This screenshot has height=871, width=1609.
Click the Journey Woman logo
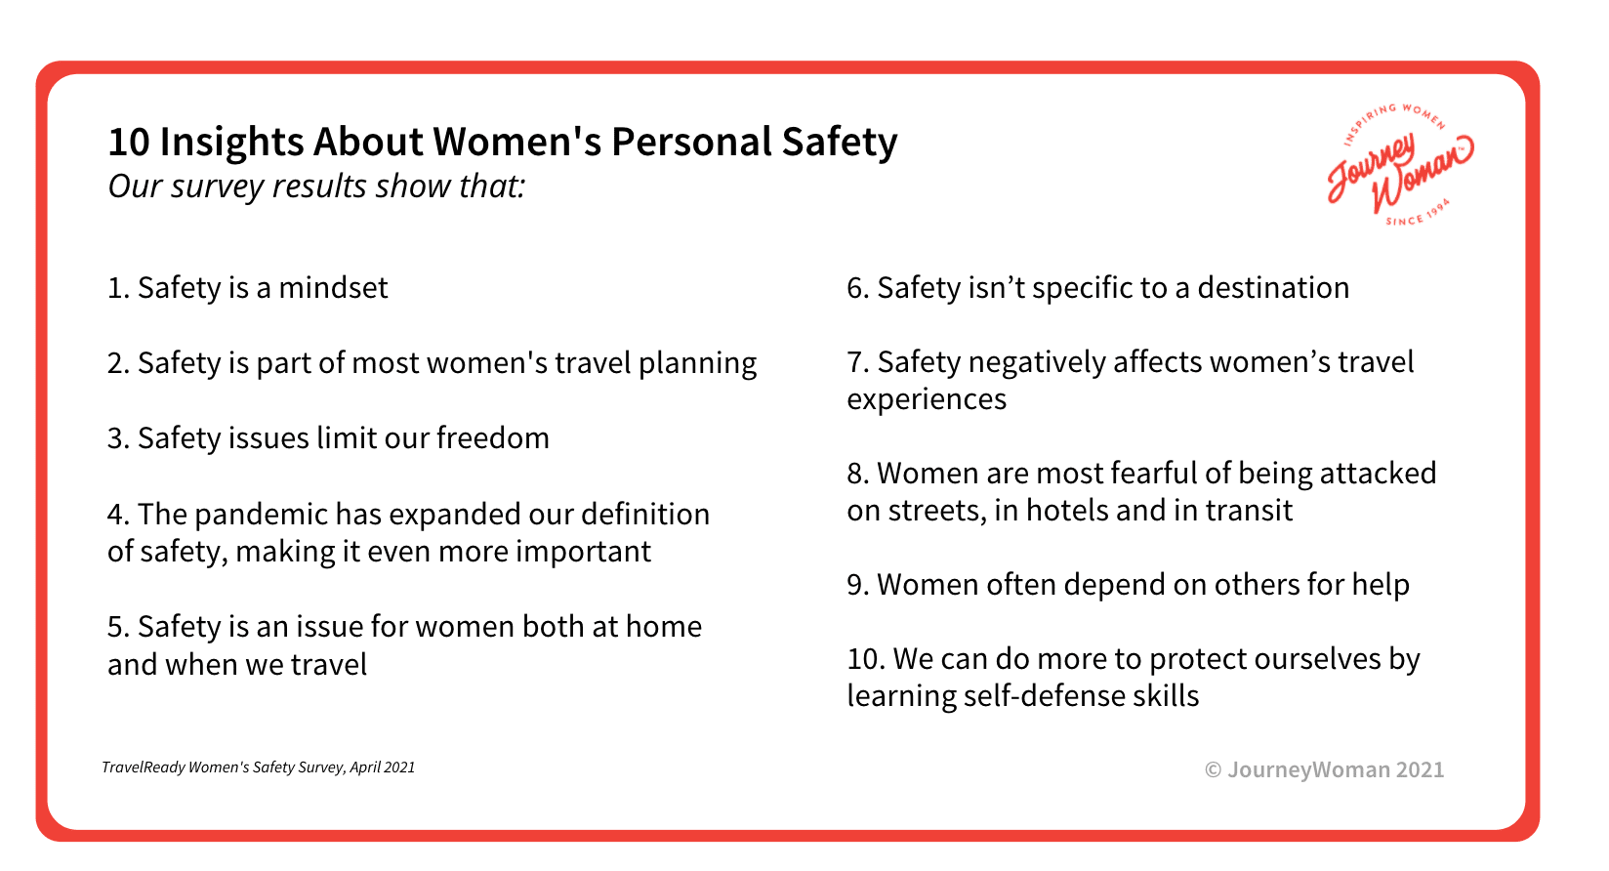[1400, 165]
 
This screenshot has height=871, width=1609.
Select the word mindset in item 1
[333, 287]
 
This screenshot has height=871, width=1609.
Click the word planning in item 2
[697, 364]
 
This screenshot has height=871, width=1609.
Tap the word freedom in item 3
[493, 437]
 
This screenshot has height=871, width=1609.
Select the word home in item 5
[664, 627]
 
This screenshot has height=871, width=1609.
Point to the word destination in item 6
[1273, 287]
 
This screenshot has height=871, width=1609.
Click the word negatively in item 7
[1037, 363]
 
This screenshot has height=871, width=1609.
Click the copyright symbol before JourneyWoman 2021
[1213, 769]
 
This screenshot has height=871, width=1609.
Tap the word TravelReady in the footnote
[144, 767]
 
